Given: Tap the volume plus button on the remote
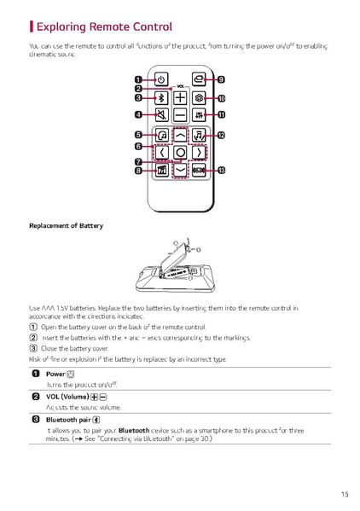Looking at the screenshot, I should click(x=180, y=97).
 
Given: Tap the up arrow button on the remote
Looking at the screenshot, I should click(x=180, y=134).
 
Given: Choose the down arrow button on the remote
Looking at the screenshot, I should click(x=180, y=170).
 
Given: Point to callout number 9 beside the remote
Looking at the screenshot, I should click(x=221, y=79).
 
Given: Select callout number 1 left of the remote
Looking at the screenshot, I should click(x=137, y=79).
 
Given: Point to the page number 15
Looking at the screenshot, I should click(x=343, y=493).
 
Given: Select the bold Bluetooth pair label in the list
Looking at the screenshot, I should click(x=67, y=421).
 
